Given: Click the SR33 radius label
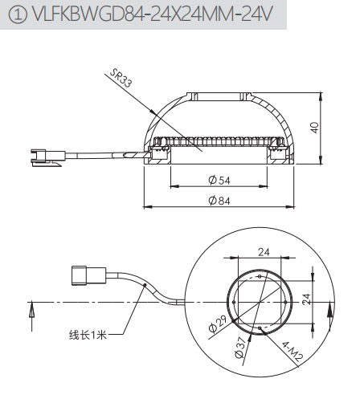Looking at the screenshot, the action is click(121, 78).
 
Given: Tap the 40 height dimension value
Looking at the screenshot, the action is click(314, 128).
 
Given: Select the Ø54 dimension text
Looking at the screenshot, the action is click(219, 180).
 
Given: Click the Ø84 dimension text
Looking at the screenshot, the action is click(219, 201).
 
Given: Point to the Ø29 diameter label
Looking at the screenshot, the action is click(217, 324).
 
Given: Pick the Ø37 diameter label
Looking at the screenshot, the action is click(240, 347).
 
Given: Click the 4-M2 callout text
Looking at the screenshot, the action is click(292, 351).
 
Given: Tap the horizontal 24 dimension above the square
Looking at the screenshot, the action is click(264, 252).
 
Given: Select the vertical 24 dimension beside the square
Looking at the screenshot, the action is click(306, 299).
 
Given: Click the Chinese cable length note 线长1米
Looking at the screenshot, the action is click(88, 335).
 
